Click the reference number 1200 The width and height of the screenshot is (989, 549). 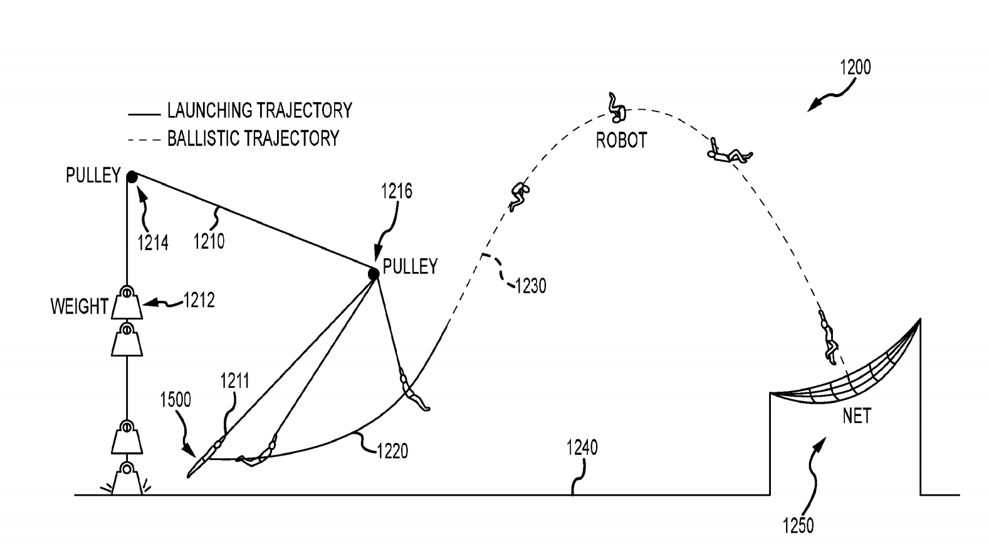click(855, 67)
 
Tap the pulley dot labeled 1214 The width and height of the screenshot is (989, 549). click(132, 177)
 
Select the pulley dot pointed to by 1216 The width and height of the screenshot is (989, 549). click(374, 274)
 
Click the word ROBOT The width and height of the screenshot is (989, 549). click(620, 140)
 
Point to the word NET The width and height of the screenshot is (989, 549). click(856, 416)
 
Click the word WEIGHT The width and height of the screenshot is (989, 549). click(80, 306)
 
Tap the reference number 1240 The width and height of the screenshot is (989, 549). click(582, 447)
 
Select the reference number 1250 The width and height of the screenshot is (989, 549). click(798, 525)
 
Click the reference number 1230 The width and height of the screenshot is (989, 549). click(530, 286)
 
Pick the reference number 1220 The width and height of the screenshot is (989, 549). click(392, 451)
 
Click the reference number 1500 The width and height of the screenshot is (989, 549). click(175, 400)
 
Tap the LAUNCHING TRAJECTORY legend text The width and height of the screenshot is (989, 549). click(259, 111)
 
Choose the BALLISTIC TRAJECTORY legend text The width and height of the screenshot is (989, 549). click(253, 138)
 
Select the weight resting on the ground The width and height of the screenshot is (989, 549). click(127, 479)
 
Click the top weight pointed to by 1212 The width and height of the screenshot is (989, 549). click(127, 303)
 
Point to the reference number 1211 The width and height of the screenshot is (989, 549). click(234, 381)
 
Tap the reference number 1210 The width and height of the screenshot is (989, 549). click(209, 241)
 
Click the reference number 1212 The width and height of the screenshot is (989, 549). click(199, 301)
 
